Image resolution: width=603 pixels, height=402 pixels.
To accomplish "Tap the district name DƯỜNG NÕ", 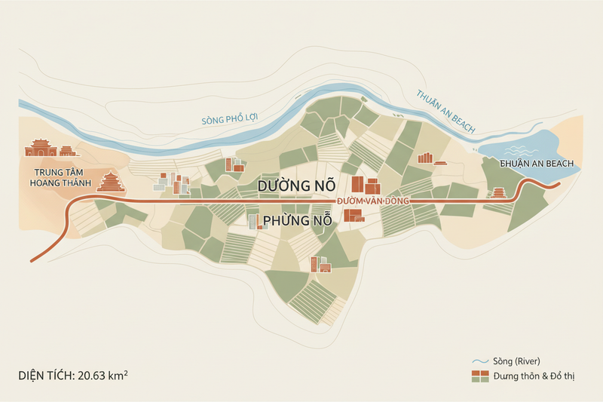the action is coord(295,186).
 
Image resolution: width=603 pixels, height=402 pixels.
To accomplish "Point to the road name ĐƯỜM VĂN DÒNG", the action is coord(372,201).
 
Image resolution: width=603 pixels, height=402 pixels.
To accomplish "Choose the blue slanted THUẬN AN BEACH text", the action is coord(445,112).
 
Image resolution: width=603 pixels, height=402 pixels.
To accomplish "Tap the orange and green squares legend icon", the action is coord(480,375).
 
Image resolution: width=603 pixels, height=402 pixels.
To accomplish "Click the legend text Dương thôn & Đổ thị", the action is coord(534,375).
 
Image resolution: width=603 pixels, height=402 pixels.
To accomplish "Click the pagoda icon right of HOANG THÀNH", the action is coord(112,182).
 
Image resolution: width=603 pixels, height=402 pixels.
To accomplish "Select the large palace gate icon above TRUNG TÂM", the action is coord(41,148).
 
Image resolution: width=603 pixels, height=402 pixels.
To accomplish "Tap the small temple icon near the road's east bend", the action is coord(498,195).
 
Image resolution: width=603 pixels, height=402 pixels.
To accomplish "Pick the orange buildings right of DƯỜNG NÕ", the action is coord(366,186).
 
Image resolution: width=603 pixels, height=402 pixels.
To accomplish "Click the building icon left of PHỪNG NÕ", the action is coord(256,221).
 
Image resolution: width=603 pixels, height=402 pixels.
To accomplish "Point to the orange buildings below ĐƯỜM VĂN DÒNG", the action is coord(353,215).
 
